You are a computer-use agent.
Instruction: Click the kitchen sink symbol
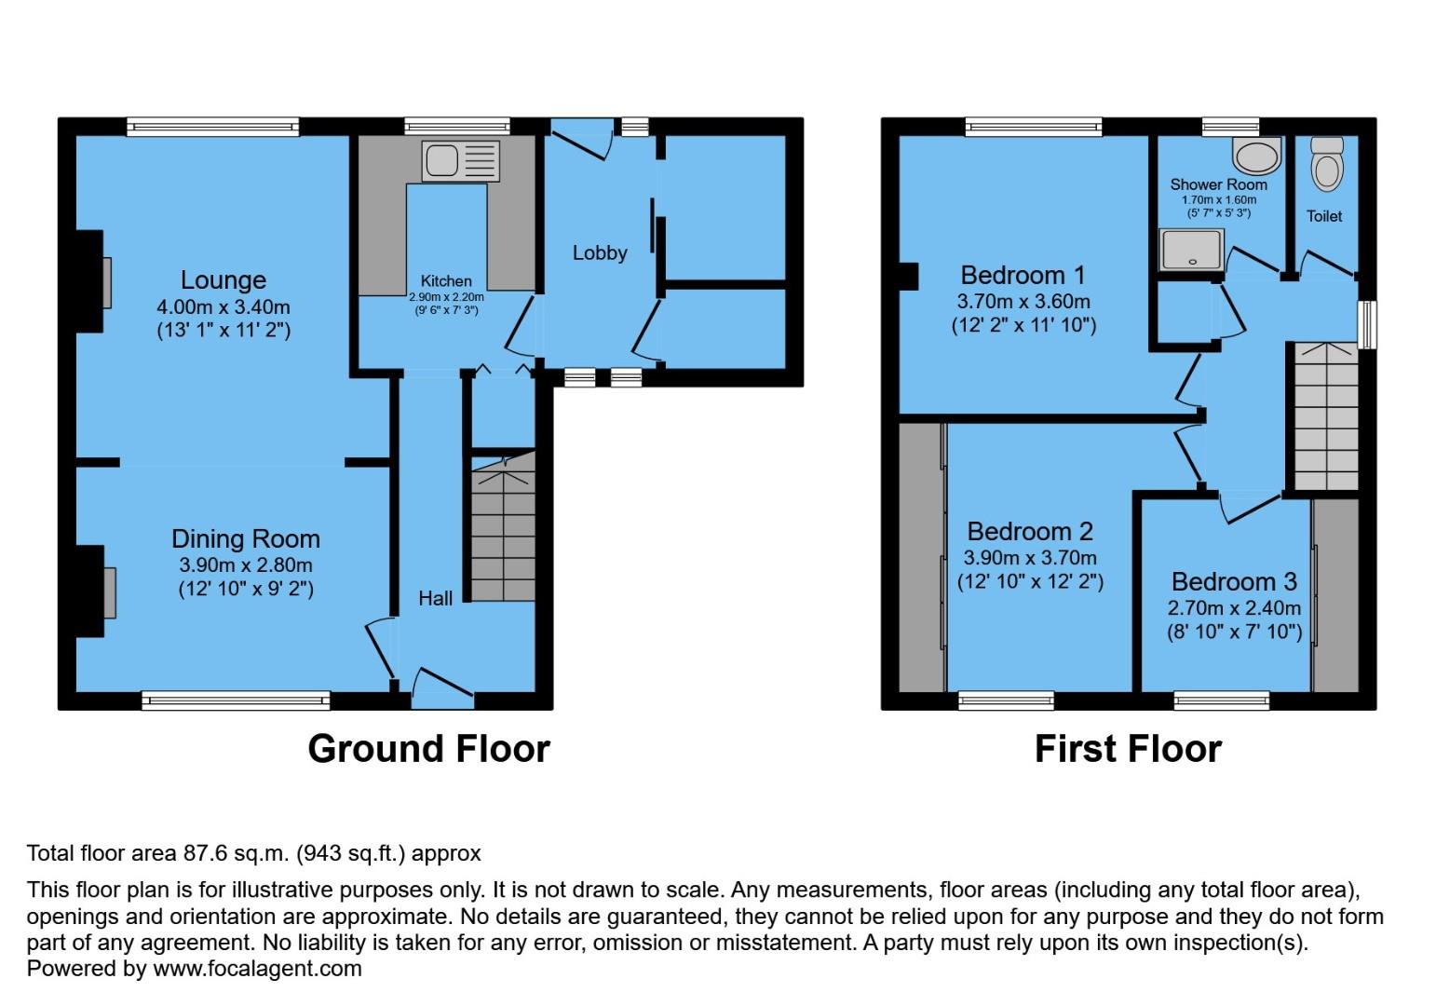coord(460,161)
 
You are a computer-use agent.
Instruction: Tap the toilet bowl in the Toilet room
coord(1326,167)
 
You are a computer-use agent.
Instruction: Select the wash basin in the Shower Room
coord(1256,156)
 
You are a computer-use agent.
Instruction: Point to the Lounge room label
coord(224,279)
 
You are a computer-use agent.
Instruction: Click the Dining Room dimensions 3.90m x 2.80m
coord(246,564)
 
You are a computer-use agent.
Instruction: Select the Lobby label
coord(600,252)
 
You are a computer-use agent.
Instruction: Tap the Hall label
coord(435,598)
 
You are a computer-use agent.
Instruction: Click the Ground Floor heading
coord(428,749)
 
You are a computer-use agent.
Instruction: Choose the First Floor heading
coord(1127,749)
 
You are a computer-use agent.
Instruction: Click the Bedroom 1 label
coord(1023,275)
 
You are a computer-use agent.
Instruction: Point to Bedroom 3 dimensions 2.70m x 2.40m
coord(1234,607)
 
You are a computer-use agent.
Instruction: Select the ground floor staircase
coord(503,536)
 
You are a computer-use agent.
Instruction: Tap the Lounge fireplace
coord(105,282)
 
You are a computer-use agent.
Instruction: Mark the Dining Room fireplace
coord(108,591)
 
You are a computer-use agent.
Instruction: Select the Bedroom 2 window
coord(1006,700)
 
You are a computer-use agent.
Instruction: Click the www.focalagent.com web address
coord(257,968)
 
